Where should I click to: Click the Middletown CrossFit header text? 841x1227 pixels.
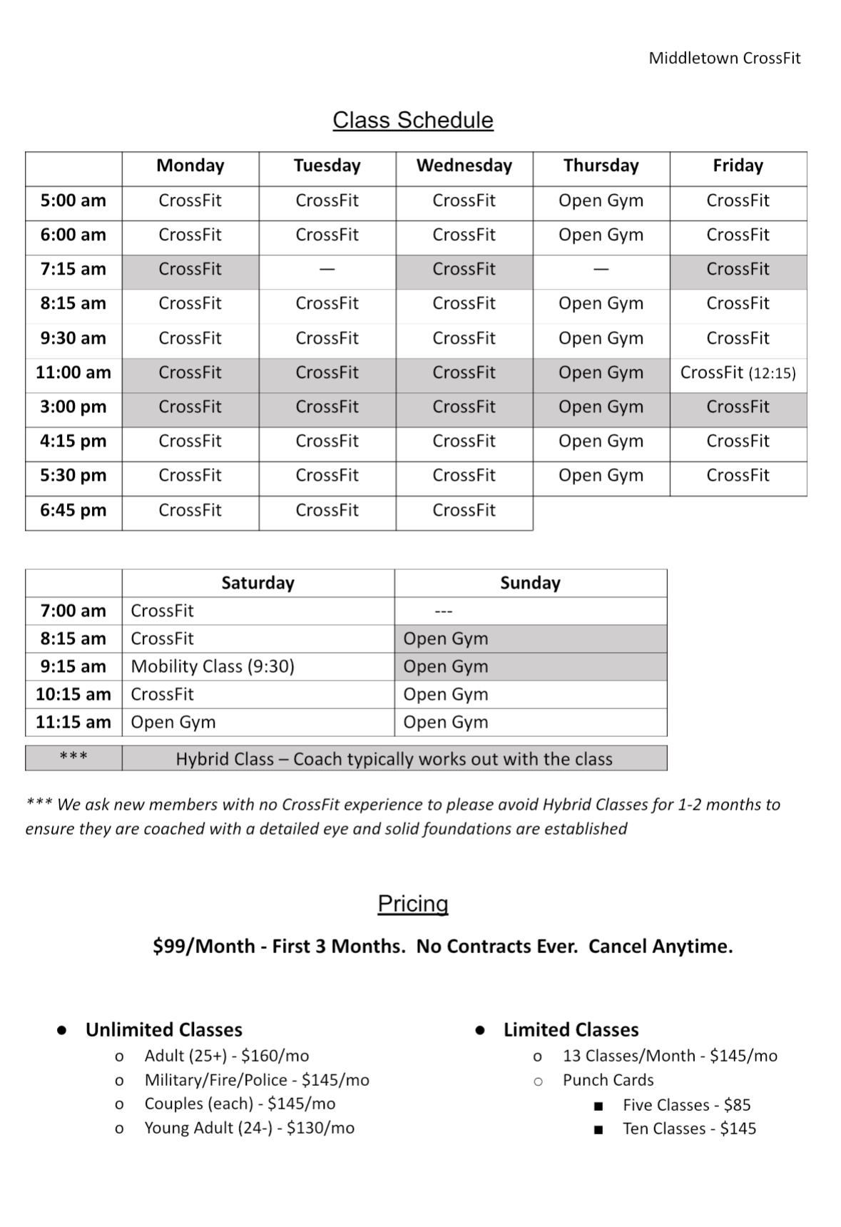pos(724,58)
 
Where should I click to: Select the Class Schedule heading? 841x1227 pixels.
pos(412,120)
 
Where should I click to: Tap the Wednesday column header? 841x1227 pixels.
pos(464,166)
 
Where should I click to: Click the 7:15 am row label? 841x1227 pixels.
pos(73,269)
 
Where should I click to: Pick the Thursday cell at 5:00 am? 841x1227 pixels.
pos(601,200)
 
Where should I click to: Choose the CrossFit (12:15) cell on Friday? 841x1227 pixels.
pos(738,372)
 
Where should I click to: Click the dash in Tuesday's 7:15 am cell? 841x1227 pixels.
pos(327,270)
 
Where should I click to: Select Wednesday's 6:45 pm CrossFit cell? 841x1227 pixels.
pos(464,510)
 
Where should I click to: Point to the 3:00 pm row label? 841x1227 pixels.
pos(73,407)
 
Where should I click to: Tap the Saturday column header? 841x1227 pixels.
pos(258,583)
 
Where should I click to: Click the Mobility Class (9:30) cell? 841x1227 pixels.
pos(213,666)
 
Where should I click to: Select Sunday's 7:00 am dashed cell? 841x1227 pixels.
pos(444,611)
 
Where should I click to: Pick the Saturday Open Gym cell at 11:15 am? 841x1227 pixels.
pos(173,722)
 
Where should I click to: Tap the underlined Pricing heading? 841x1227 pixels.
pos(413,904)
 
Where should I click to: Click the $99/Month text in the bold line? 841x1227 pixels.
pos(204,946)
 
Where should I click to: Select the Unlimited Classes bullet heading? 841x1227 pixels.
pos(163,1029)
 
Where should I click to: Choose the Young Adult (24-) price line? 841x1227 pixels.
pos(249,1128)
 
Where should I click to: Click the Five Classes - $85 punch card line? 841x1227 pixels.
pos(686,1105)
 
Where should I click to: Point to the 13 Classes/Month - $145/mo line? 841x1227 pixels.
pos(670,1056)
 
